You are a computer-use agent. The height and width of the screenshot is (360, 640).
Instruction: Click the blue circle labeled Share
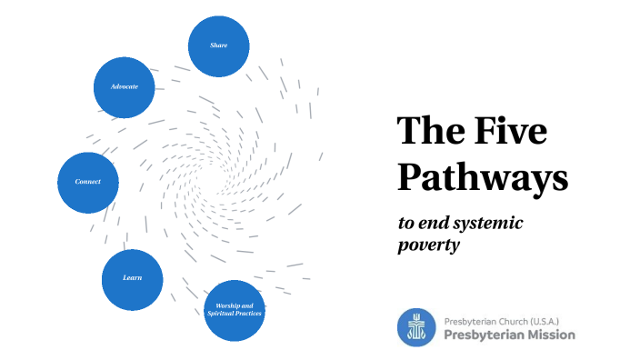pyautogui.click(x=219, y=45)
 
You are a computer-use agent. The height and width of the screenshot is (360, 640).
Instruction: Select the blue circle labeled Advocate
pyautogui.click(x=125, y=86)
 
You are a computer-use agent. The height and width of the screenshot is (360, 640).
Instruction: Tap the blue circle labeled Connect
pyautogui.click(x=87, y=182)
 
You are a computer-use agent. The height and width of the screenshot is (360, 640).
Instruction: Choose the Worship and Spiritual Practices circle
pyautogui.click(x=235, y=310)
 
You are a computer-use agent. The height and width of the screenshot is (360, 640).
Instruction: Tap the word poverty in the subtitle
pyautogui.click(x=425, y=245)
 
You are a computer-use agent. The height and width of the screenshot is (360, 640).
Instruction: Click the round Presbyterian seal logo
pyautogui.click(x=416, y=327)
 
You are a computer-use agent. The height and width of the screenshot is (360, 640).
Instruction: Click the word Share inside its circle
pyautogui.click(x=219, y=45)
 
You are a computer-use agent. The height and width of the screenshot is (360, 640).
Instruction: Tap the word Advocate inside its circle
pyautogui.click(x=125, y=86)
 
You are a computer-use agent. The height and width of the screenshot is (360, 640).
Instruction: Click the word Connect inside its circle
pyautogui.click(x=87, y=182)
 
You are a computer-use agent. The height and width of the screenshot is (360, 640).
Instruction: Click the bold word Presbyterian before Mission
pyautogui.click(x=483, y=335)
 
